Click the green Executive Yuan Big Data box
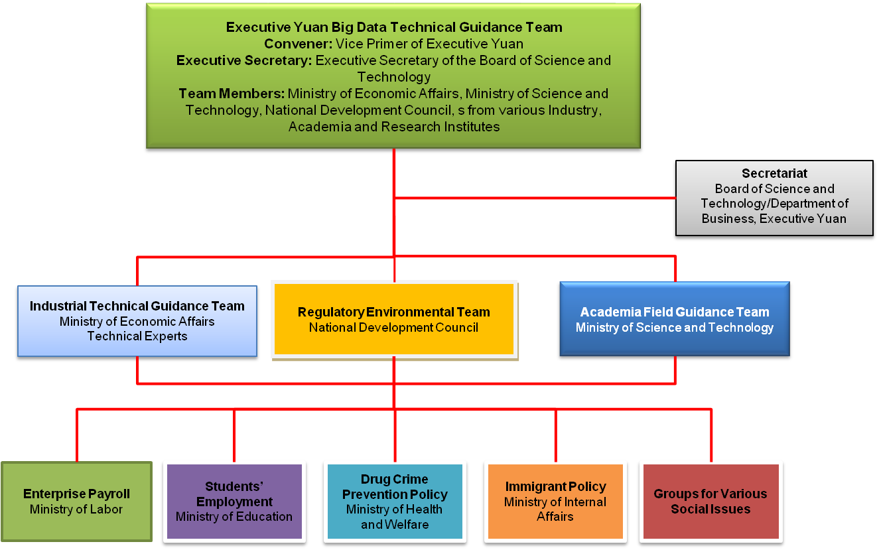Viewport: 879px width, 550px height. point(393,77)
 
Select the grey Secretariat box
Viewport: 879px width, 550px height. point(774,198)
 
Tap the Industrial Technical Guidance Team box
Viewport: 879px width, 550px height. point(137,320)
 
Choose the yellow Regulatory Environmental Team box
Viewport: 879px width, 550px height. point(394,319)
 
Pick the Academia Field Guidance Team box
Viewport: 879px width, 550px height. point(675,320)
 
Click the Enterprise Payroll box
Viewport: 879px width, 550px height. point(76,502)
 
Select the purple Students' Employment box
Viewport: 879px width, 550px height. point(234,501)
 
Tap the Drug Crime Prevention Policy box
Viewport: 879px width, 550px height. point(395,501)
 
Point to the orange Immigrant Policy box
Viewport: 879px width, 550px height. point(555,501)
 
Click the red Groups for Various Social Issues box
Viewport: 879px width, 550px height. point(710,501)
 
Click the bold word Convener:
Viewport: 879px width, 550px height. point(298,44)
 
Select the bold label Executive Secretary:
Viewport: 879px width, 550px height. point(244,60)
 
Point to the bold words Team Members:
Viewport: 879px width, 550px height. point(232,94)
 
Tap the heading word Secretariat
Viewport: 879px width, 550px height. point(774,174)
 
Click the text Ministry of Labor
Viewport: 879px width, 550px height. point(76,510)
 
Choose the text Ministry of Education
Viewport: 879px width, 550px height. point(234,517)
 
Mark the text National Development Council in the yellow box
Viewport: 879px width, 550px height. point(394,327)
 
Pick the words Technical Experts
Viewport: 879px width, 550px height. point(137,336)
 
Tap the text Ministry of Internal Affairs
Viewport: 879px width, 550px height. point(555,509)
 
